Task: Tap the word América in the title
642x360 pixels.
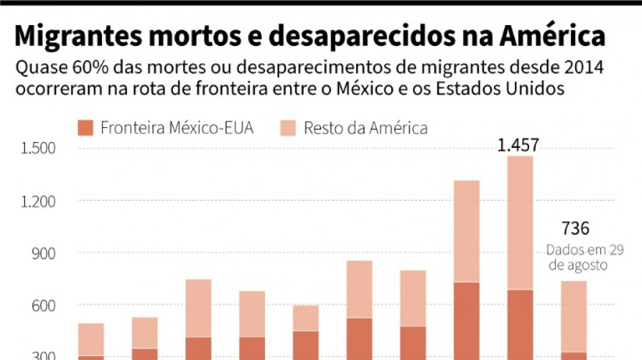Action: pos(548,36)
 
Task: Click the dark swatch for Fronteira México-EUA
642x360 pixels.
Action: pos(85,128)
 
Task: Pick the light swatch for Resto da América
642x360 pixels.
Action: pos(289,128)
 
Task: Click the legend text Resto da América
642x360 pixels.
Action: pos(366,128)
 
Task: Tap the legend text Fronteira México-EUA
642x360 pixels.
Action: pos(176,128)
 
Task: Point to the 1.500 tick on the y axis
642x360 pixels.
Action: pos(39,149)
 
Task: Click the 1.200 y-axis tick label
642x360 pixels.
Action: pos(39,201)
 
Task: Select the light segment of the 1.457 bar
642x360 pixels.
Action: pos(520,223)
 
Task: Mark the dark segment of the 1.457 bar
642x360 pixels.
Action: pos(520,324)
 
